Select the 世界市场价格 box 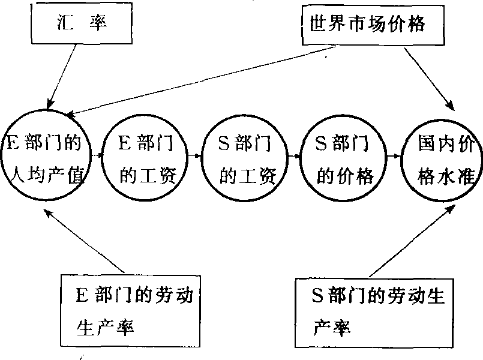pos(367,24)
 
